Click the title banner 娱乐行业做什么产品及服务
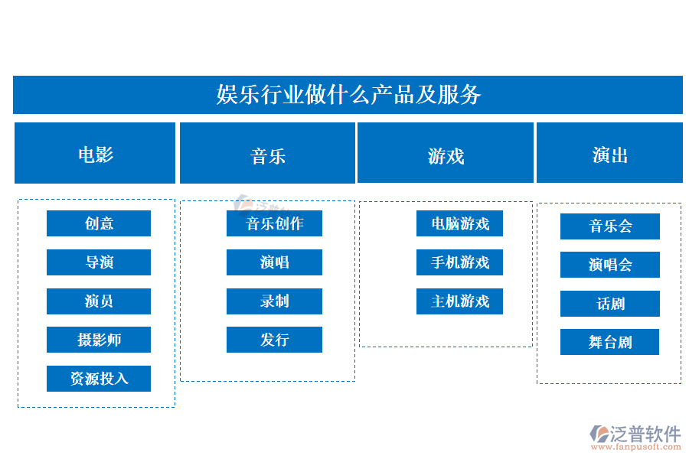click(x=348, y=95)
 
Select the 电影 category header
click(x=95, y=153)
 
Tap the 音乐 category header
click(x=267, y=153)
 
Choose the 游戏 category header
click(x=445, y=152)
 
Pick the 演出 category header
click(x=609, y=152)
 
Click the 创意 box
click(x=99, y=223)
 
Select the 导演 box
click(x=99, y=262)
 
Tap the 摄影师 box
click(x=99, y=340)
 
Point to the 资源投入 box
click(x=99, y=379)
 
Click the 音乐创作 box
click(x=274, y=223)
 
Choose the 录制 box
click(x=274, y=301)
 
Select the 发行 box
click(x=274, y=340)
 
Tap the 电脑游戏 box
click(x=459, y=223)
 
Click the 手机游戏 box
click(x=459, y=262)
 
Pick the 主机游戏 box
click(x=459, y=301)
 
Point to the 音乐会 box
click(x=610, y=226)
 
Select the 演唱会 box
click(x=610, y=265)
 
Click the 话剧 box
click(x=610, y=304)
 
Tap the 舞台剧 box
click(x=610, y=342)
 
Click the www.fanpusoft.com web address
click(x=636, y=447)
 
